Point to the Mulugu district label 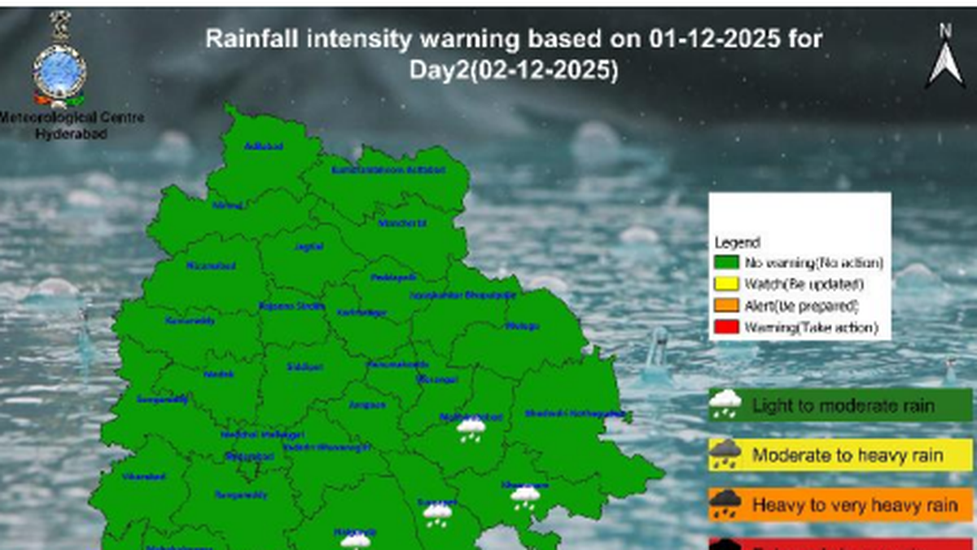click(522, 327)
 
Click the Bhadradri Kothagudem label click(576, 413)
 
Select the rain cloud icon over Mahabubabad click(471, 429)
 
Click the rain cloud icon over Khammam click(525, 496)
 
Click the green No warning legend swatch click(727, 263)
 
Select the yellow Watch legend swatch click(727, 284)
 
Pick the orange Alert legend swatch click(727, 306)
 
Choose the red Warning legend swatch click(727, 328)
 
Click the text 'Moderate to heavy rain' click(847, 455)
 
